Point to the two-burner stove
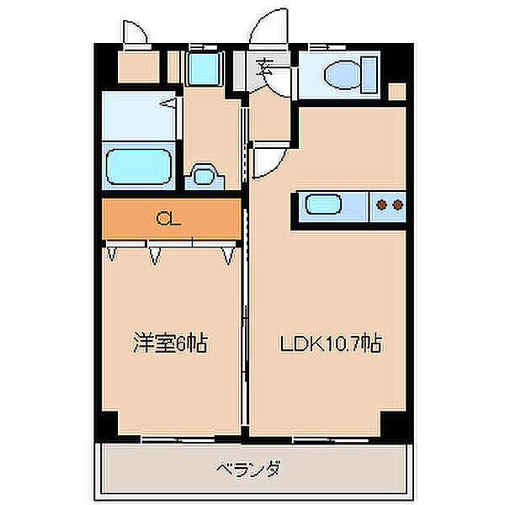pyautogui.click(x=388, y=204)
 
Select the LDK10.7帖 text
pyautogui.click(x=331, y=343)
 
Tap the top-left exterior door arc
pyautogui.click(x=135, y=32)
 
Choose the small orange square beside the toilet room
pyautogui.click(x=398, y=91)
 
